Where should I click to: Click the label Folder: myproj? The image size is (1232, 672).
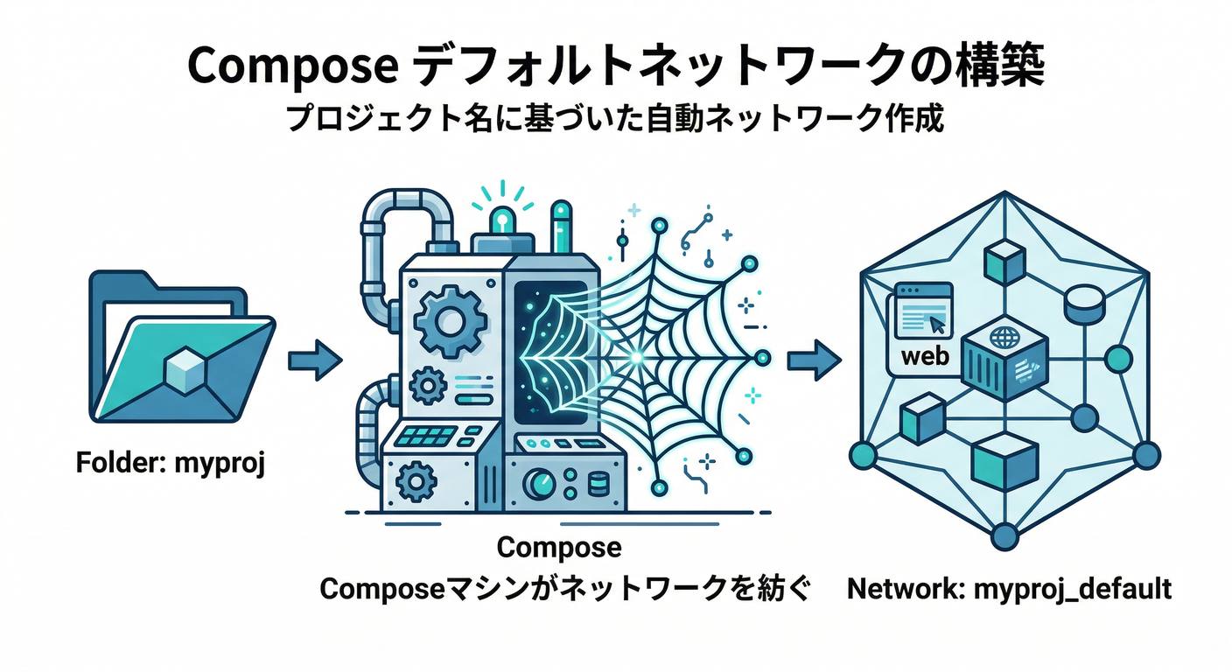[171, 462]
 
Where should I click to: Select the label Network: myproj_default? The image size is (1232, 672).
[1009, 589]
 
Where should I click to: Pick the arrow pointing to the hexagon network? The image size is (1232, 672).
[813, 360]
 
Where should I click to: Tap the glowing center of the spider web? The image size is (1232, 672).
[636, 357]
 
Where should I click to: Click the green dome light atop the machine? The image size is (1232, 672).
[504, 220]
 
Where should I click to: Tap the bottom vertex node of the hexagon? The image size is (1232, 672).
[1004, 533]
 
